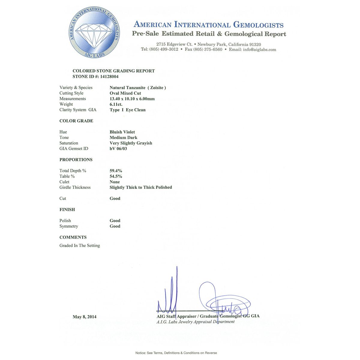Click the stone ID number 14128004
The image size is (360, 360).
[109, 76]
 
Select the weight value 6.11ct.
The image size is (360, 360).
[116, 104]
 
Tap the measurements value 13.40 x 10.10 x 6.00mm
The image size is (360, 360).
[132, 99]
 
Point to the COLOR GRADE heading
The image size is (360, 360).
[76, 121]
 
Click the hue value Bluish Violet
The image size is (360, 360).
[122, 132]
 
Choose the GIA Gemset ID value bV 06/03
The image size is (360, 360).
[118, 149]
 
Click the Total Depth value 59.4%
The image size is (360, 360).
[116, 171]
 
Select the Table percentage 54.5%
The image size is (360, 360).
[116, 176]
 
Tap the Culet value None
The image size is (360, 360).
[115, 182]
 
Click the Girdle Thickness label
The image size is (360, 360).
[75, 187]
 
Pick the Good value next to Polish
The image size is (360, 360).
[115, 221]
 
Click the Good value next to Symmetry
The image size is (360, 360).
[115, 226]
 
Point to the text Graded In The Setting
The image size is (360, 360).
[79, 246]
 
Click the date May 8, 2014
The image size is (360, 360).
[85, 317]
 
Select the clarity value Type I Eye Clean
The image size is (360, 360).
[127, 110]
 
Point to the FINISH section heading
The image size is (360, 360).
[67, 210]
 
